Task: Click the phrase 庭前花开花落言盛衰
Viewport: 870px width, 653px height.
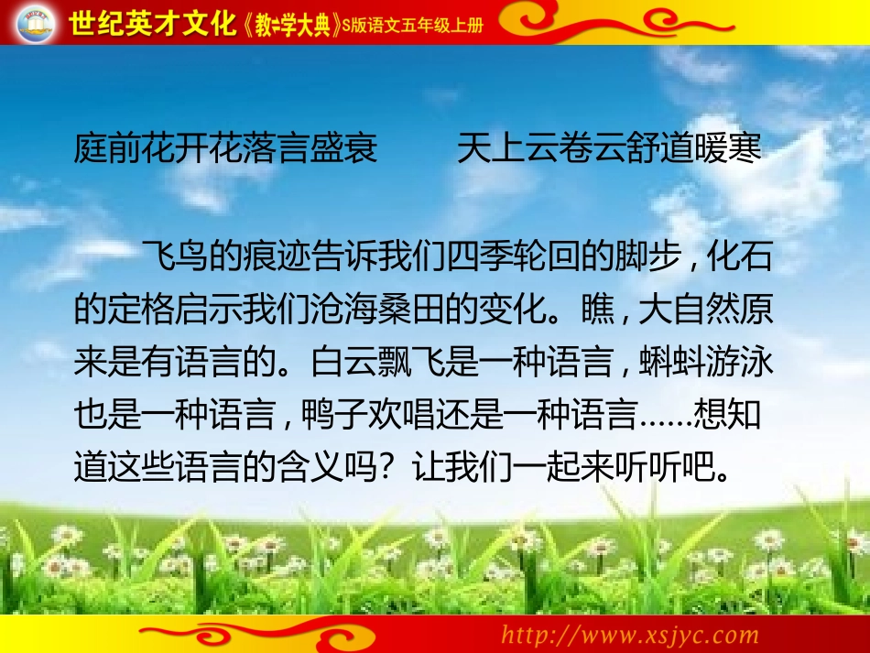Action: pyautogui.click(x=225, y=148)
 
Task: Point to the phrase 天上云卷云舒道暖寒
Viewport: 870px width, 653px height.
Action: pyautogui.click(x=609, y=148)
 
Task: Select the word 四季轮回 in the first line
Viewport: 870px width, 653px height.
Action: pyautogui.click(x=511, y=260)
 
